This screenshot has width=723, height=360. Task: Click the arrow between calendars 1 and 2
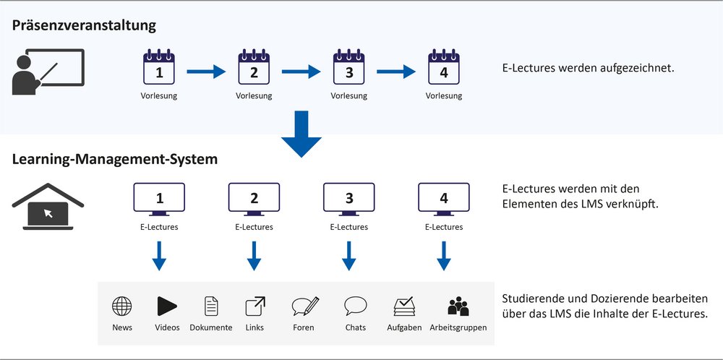[x=207, y=72]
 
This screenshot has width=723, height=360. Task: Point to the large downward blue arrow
[x=301, y=132]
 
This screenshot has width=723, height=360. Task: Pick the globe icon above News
[x=122, y=307]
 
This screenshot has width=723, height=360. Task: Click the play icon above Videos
[x=167, y=307]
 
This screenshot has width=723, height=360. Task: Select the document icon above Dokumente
[x=211, y=307]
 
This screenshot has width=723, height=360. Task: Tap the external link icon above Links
[x=254, y=307]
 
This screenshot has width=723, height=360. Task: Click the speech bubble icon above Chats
[x=355, y=306]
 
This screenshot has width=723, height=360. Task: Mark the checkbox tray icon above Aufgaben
[x=403, y=307]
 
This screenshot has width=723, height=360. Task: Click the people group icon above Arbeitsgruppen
[x=458, y=307]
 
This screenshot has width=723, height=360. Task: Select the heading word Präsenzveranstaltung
[x=84, y=26]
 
